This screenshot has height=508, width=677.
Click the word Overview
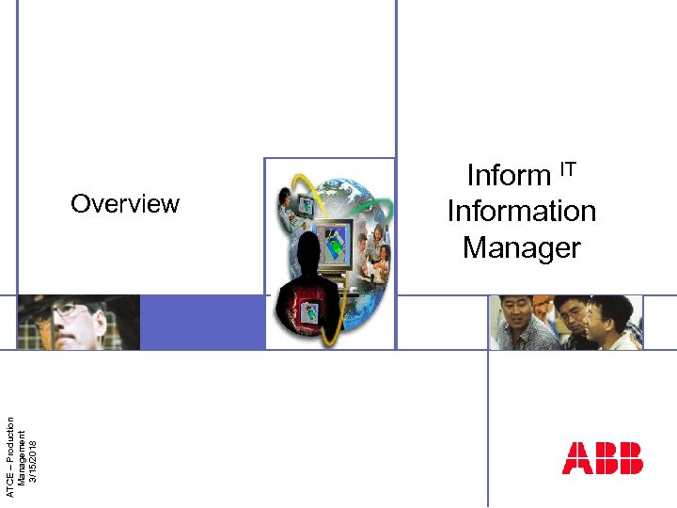tap(125, 204)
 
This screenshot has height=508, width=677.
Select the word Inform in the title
tap(508, 176)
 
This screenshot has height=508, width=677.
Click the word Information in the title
tap(522, 212)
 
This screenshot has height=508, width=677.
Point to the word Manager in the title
tap(522, 248)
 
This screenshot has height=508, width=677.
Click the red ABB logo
tap(603, 458)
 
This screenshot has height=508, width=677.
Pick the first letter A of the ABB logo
tap(576, 458)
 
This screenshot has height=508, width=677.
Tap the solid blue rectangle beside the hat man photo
tap(202, 322)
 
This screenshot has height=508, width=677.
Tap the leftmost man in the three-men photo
tap(516, 318)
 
